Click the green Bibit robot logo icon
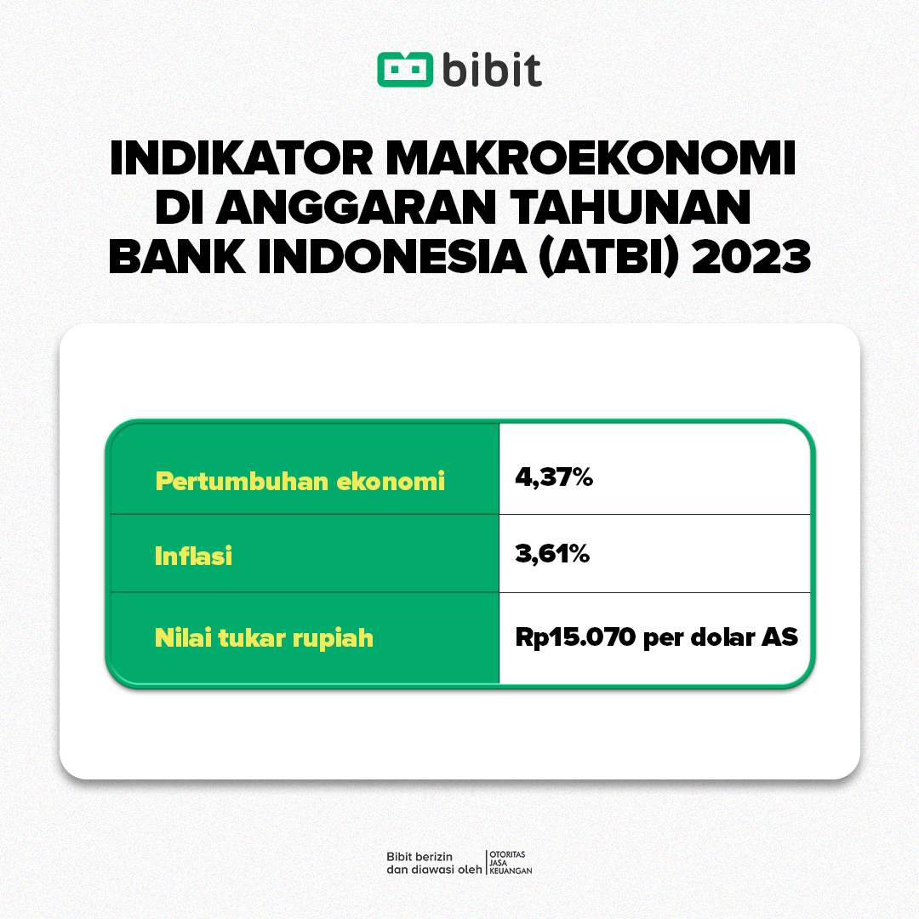[x=405, y=69]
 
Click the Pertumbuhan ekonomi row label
[x=300, y=481]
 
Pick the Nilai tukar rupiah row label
[x=264, y=637]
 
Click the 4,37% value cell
[x=553, y=477]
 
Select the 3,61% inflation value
[x=551, y=555]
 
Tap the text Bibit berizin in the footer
[x=419, y=855]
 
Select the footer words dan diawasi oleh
[x=433, y=870]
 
